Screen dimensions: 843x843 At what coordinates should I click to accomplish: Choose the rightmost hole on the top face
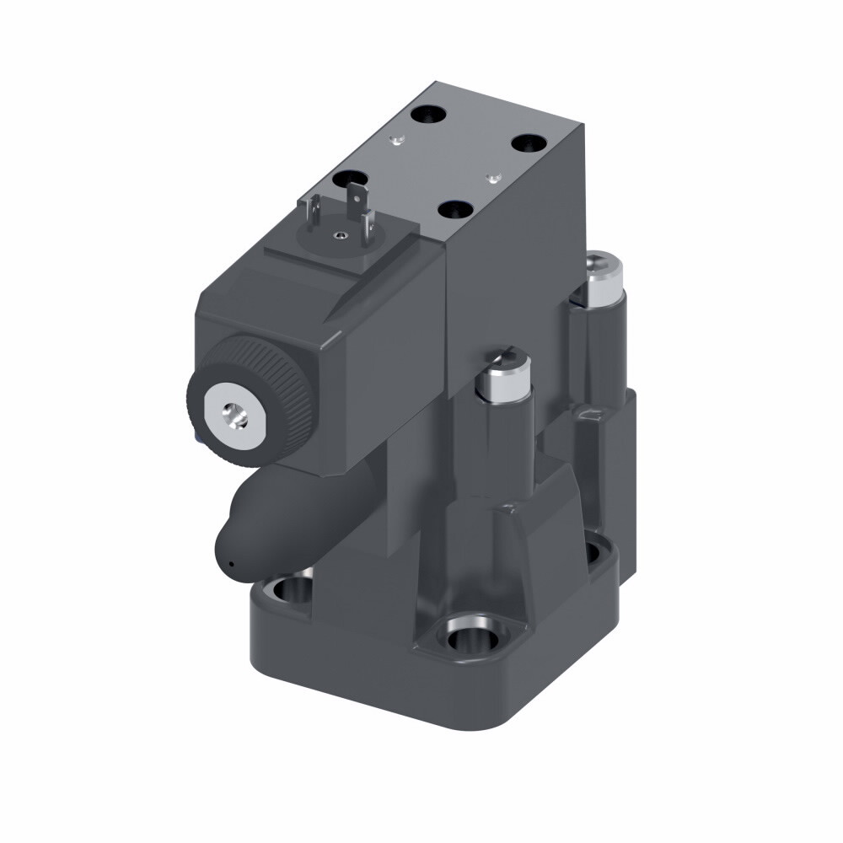(x=529, y=143)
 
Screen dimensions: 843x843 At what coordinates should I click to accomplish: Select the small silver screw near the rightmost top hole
(x=491, y=177)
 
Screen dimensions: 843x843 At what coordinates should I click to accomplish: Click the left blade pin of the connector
(x=313, y=210)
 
